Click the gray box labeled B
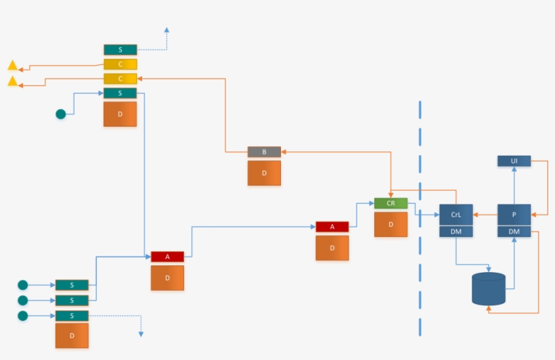(x=264, y=152)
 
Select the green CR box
(x=391, y=203)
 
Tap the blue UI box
(x=514, y=161)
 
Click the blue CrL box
(x=456, y=215)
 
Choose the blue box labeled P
(x=514, y=215)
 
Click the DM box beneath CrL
(x=456, y=231)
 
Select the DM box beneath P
(x=514, y=231)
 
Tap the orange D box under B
(x=264, y=173)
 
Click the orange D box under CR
(x=391, y=224)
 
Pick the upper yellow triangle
(x=12, y=66)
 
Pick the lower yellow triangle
(x=12, y=82)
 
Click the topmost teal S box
(x=120, y=50)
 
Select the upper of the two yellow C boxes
(x=120, y=64)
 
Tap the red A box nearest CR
(x=332, y=227)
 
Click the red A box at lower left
(x=167, y=257)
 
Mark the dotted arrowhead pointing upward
(x=166, y=30)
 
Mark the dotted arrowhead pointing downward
(x=141, y=334)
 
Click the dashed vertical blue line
(x=420, y=217)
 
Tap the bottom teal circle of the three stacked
(x=23, y=316)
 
